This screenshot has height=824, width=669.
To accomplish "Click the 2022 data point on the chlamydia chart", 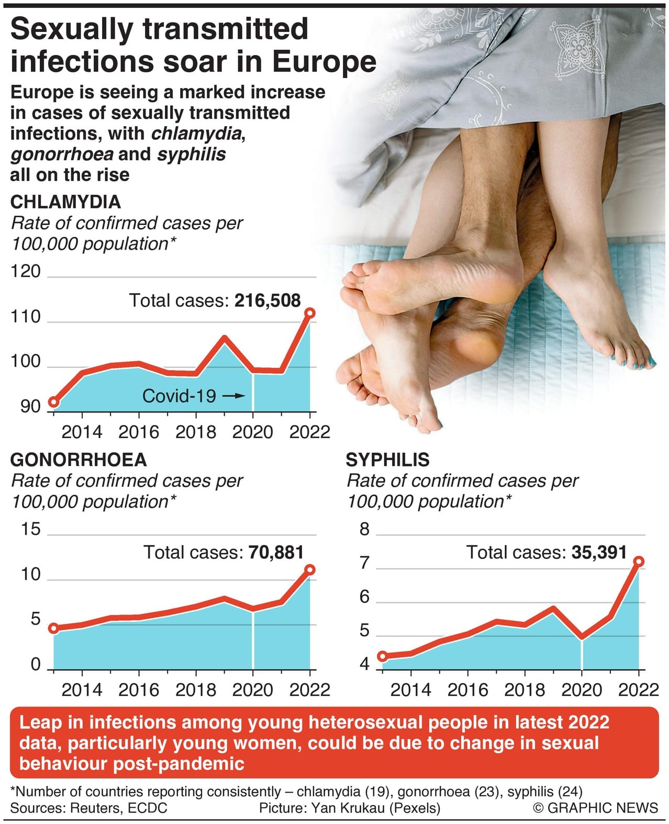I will (309, 313).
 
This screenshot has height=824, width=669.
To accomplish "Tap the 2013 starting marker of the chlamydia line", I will (53, 402).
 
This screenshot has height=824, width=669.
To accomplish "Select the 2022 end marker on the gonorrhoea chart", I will (309, 570).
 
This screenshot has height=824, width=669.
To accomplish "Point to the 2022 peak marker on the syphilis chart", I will (638, 561).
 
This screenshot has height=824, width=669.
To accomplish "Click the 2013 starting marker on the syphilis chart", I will (383, 656).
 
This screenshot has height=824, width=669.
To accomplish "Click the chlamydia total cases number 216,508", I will (267, 300).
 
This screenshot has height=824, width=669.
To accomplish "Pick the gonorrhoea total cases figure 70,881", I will (276, 552).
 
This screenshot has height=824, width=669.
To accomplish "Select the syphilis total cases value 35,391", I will (599, 552).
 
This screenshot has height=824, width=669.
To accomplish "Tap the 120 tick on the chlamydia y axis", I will (26, 271).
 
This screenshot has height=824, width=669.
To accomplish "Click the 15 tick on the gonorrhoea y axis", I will (30, 529).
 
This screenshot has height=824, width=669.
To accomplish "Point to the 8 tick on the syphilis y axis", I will (364, 529).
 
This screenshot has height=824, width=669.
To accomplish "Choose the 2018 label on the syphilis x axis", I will (524, 689).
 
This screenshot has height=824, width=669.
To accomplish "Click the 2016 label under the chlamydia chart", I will (138, 432).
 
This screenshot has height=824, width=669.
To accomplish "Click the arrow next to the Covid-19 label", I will (233, 396).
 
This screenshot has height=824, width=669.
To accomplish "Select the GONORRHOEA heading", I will (79, 460).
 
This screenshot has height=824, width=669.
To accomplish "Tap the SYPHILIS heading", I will (387, 460).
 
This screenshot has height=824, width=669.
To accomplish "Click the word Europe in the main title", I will (324, 61).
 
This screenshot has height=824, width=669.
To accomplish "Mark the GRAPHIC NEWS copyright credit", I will (595, 808).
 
